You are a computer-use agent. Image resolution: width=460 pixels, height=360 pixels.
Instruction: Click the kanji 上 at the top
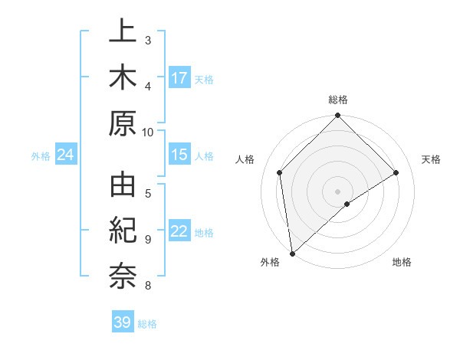(123, 32)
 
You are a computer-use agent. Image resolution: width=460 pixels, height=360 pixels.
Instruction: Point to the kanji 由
(123, 187)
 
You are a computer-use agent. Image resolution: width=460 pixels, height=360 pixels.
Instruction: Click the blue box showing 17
(179, 77)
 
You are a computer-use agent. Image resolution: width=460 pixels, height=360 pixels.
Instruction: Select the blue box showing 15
(179, 155)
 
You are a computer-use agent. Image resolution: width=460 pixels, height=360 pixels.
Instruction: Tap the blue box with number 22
(179, 232)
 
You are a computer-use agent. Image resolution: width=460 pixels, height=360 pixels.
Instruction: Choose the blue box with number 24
(66, 155)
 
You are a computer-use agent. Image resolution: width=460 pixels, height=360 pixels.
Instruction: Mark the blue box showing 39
(123, 322)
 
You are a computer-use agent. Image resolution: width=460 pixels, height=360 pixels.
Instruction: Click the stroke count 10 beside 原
(148, 133)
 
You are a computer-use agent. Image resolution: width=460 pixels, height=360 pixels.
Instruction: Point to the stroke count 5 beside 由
(148, 192)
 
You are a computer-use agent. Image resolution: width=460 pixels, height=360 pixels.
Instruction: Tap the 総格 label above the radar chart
(338, 100)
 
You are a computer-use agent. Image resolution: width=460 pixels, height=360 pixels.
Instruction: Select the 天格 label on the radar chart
(431, 159)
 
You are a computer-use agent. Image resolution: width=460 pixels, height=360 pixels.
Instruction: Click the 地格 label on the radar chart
(402, 262)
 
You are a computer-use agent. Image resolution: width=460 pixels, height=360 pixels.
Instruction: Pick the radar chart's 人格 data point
(280, 172)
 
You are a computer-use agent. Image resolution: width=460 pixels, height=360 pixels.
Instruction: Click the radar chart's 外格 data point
(292, 253)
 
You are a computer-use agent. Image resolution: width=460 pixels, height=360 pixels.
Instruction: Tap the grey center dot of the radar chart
(338, 190)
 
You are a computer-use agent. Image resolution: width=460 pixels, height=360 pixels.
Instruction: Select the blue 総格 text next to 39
(148, 324)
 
